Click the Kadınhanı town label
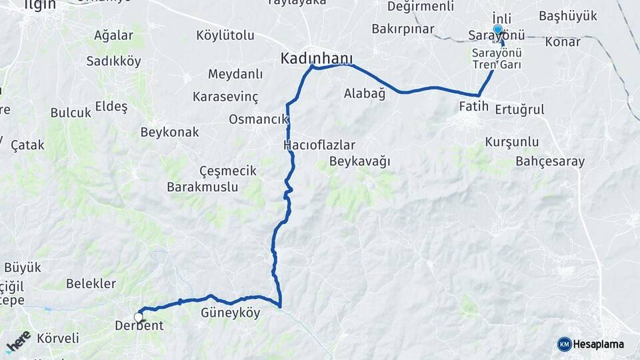pyautogui.click(x=317, y=58)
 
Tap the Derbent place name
pyautogui.click(x=139, y=325)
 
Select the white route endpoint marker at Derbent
pyautogui.click(x=139, y=317)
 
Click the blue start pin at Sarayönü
pyautogui.click(x=498, y=30)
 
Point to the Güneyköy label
pyautogui.click(x=231, y=312)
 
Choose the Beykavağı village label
pyautogui.click(x=359, y=161)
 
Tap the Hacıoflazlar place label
pyautogui.click(x=319, y=145)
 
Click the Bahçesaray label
pyautogui.click(x=550, y=161)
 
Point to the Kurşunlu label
pyautogui.click(x=512, y=142)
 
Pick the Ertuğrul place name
pyautogui.click(x=520, y=109)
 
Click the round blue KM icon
pyautogui.click(x=565, y=344)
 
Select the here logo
pyautogui.click(x=18, y=341)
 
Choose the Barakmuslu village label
pyautogui.click(x=203, y=187)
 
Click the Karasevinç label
pyautogui.click(x=225, y=97)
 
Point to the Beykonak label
pyautogui.click(x=169, y=132)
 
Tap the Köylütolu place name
pyautogui.click(x=225, y=35)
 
